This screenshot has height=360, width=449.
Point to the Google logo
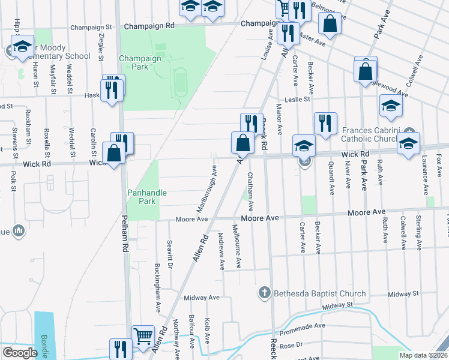pyautogui.click(x=19, y=353)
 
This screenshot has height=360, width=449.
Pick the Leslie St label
pyautogui.click(x=298, y=99)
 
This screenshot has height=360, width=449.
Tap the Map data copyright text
pyautogui.click(x=423, y=355)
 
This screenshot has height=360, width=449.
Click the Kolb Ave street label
pyautogui.click(x=207, y=330)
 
